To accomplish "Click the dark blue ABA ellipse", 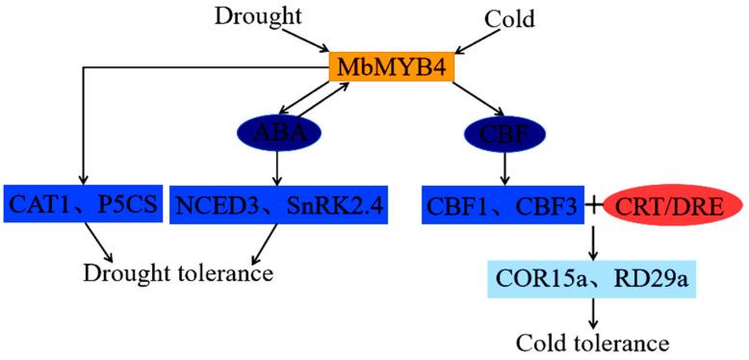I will (276, 133).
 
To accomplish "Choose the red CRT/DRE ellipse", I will (672, 204).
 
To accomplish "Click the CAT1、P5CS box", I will (83, 204).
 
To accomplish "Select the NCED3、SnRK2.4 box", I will (277, 204).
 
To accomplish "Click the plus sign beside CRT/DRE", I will (594, 204).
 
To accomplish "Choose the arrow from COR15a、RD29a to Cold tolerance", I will (594, 312).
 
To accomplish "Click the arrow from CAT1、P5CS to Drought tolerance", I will (98, 241).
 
